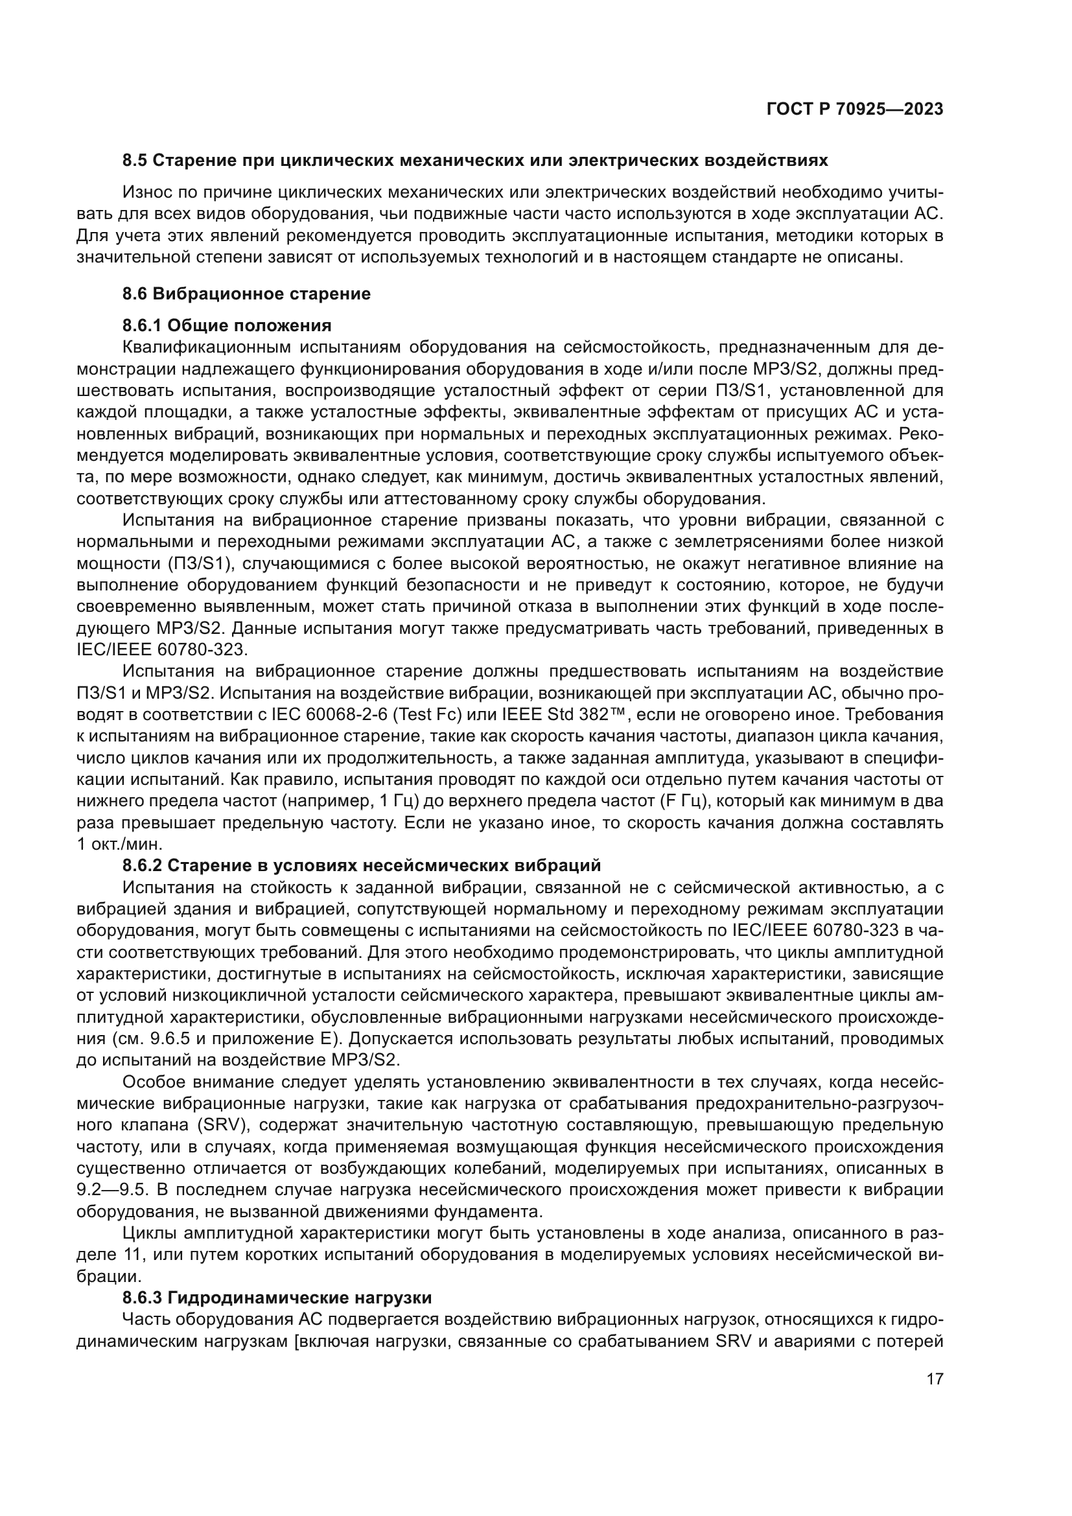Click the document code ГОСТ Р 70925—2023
coord(855,110)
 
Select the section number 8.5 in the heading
coord(135,161)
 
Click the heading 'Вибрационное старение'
coord(261,294)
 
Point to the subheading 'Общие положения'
coord(250,325)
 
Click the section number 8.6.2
coord(143,865)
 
